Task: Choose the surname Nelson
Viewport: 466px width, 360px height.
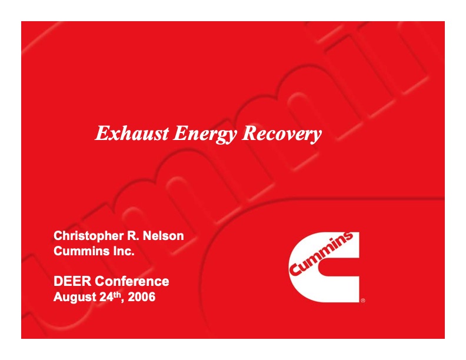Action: click(163, 236)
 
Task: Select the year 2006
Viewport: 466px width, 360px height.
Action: click(142, 297)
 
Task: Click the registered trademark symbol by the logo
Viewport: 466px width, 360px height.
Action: click(362, 300)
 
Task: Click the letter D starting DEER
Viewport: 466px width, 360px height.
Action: click(58, 281)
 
